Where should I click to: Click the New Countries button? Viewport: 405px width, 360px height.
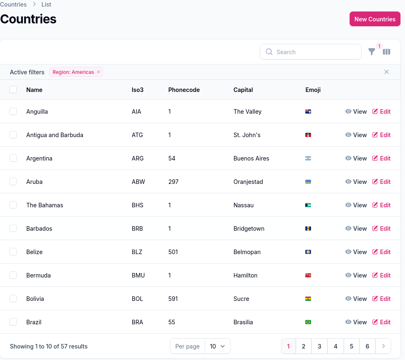tap(375, 19)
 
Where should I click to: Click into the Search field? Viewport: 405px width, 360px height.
tap(310, 52)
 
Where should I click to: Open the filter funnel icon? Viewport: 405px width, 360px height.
tap(371, 52)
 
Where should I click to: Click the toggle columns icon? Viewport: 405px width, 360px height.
tap(387, 52)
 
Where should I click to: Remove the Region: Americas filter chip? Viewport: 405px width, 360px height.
tap(98, 72)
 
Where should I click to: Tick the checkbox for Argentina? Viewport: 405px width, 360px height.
tap(13, 158)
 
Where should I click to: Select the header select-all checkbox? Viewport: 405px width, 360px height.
tap(13, 89)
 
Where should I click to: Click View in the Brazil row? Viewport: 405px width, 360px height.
tap(356, 322)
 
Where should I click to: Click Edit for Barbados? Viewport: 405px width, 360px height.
tap(381, 229)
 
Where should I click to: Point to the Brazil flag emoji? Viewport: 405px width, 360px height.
tap(308, 322)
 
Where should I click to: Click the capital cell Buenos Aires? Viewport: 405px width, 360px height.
tap(251, 158)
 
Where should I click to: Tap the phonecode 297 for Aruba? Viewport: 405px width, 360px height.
tap(173, 182)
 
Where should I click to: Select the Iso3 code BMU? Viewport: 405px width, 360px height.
tap(138, 275)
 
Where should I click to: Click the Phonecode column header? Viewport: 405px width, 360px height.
tap(184, 89)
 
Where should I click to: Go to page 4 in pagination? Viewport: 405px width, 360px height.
tap(335, 346)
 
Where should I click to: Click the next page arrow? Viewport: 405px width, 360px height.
tap(383, 346)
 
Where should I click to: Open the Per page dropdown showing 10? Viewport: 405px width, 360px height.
tap(217, 346)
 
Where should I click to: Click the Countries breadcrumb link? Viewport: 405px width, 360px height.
tap(13, 5)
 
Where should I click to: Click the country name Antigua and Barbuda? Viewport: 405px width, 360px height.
tap(55, 135)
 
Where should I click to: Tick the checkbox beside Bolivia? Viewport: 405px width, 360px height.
tap(13, 298)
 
